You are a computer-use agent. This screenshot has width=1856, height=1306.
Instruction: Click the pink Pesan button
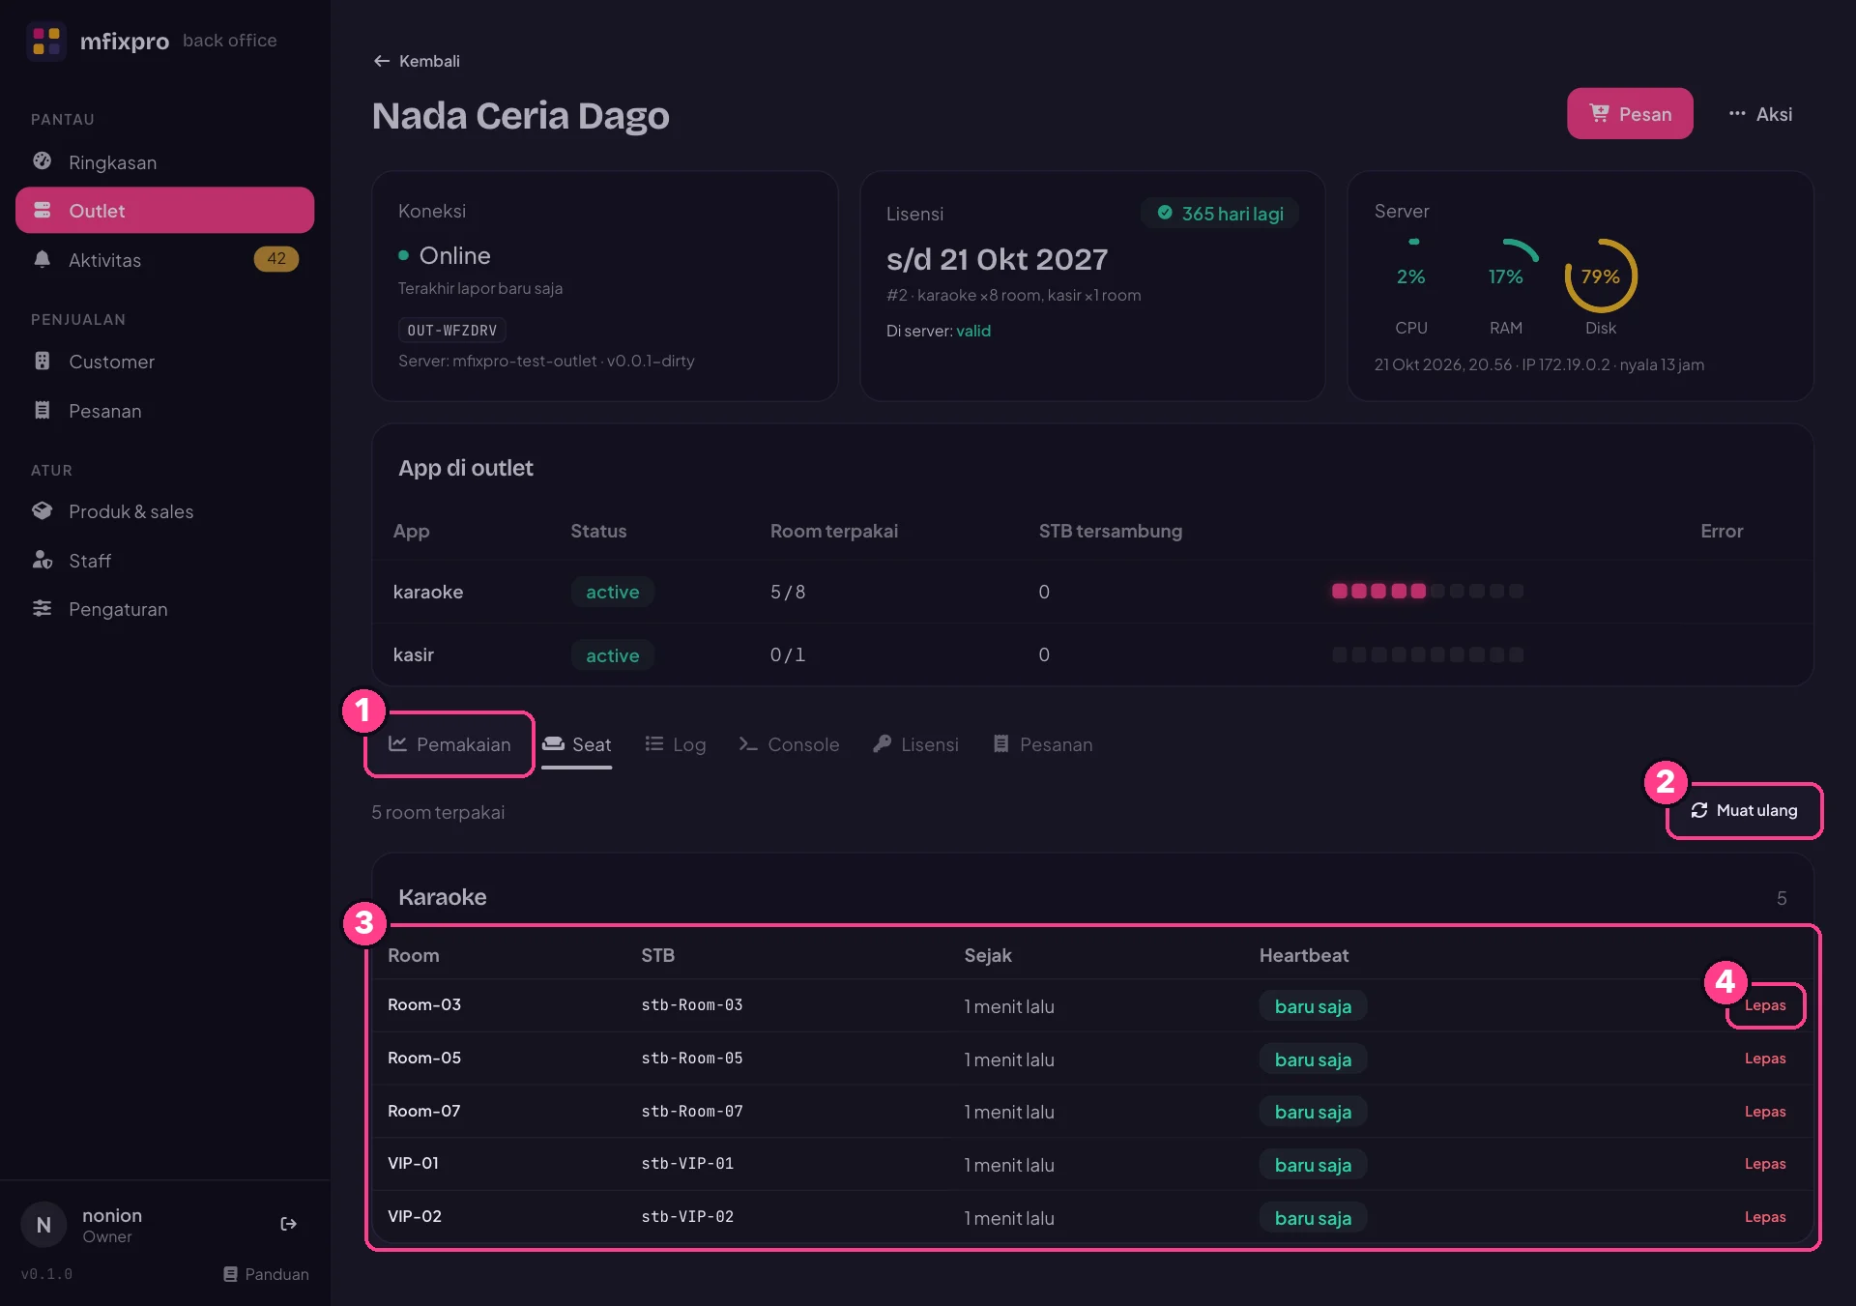(1629, 114)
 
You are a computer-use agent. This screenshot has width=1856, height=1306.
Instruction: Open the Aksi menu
(1760, 114)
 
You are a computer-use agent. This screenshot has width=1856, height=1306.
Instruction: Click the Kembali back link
(417, 61)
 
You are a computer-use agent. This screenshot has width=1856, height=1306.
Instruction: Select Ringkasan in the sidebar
(112, 162)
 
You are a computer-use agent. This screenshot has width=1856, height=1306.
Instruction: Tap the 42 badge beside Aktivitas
(276, 259)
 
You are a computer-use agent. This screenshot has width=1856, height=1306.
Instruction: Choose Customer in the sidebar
(111, 362)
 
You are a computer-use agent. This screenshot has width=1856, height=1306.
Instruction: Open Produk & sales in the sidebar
(130, 511)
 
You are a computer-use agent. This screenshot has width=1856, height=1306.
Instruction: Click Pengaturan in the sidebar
(118, 609)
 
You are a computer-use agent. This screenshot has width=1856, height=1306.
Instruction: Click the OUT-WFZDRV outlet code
(452, 331)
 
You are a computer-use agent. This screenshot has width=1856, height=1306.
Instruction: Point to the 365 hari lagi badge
(1221, 214)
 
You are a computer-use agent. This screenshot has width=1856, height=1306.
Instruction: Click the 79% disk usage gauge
(1601, 276)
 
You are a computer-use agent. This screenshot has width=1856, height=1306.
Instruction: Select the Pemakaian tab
(449, 744)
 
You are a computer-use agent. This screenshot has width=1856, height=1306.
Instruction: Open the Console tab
(789, 744)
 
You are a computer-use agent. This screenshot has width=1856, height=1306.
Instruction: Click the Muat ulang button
(1745, 810)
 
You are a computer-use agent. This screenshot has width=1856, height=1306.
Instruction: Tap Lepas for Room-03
(1765, 1005)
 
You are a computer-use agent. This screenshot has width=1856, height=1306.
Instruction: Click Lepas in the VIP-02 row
(1765, 1217)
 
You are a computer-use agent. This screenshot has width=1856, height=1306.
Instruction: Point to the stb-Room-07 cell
(692, 1112)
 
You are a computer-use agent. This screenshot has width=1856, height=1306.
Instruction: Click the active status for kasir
(613, 655)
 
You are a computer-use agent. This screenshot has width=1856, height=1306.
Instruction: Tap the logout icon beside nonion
(288, 1224)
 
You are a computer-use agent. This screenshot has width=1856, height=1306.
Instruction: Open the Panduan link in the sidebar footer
(267, 1274)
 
